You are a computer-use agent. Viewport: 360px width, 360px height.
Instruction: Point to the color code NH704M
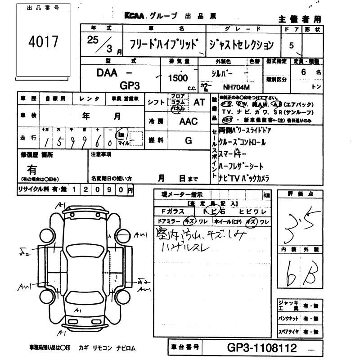point(234,88)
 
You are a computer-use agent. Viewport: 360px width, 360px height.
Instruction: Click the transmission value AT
point(199,102)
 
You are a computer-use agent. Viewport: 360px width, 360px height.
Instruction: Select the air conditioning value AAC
point(189,121)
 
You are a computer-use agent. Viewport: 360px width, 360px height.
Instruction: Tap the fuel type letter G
point(189,140)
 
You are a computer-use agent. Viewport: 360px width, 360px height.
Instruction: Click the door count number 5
point(291,45)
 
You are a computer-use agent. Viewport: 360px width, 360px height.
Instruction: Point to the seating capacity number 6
point(304,72)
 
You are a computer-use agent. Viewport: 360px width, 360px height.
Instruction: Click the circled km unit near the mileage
point(121,134)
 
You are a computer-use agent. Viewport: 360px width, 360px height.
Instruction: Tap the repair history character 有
point(32,170)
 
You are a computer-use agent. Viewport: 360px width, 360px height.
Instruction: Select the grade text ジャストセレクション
point(241,45)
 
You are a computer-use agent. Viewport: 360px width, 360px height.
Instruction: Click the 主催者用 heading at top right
point(300,19)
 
